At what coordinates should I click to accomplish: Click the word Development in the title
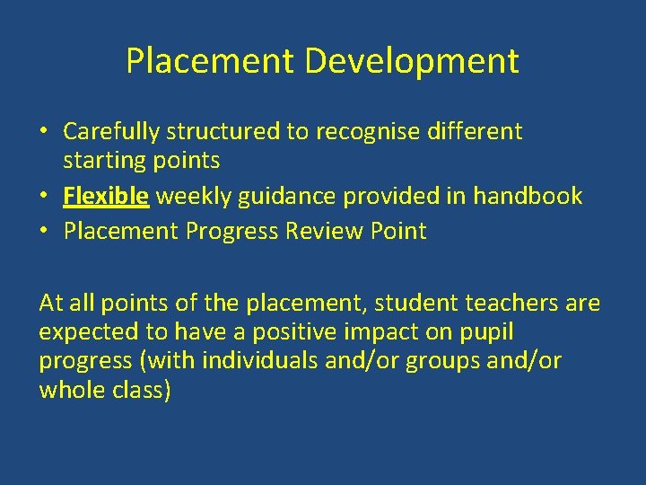click(411, 62)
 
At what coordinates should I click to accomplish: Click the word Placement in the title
click(210, 62)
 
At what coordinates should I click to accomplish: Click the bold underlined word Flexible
click(106, 196)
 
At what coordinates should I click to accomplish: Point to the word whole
click(69, 390)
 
